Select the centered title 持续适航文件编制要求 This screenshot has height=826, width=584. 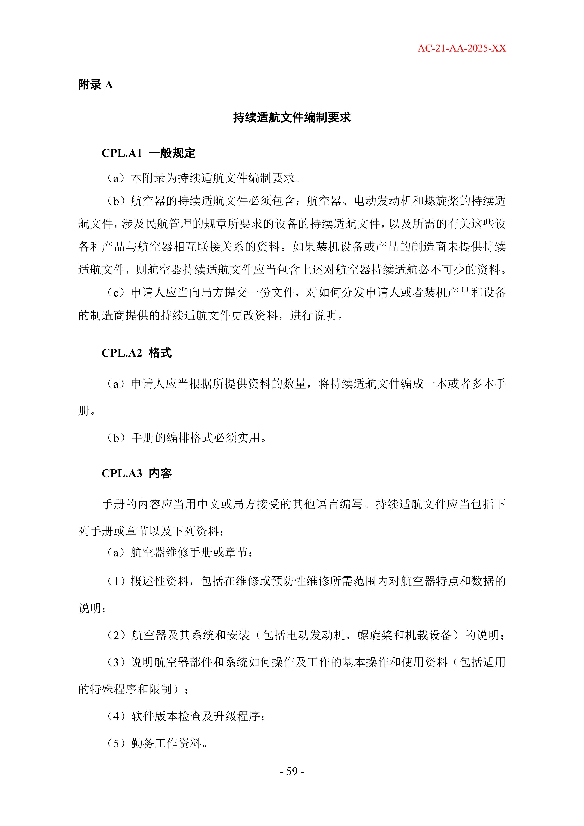292,117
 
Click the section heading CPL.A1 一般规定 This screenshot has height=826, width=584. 148,153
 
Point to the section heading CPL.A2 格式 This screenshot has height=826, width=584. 137,353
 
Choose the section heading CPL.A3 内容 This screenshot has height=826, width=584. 137,474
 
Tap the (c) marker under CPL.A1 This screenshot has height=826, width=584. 116,293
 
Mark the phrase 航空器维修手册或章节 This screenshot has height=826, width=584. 189,552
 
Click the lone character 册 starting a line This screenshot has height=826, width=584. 84,410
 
